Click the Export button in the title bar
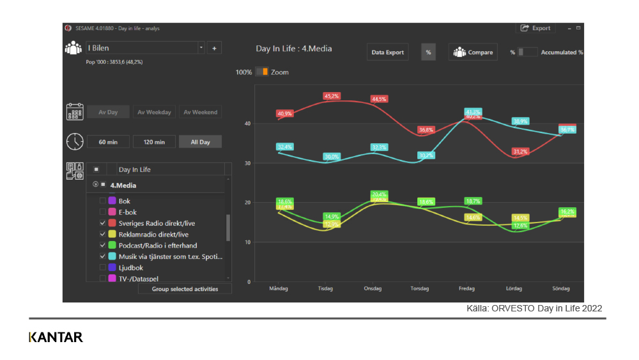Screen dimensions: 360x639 (535, 28)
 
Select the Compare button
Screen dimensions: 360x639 (473, 52)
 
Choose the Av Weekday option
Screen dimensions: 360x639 (154, 113)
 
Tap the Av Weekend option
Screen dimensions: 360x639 (200, 113)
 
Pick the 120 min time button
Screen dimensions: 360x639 (154, 142)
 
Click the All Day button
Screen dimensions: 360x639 (200, 142)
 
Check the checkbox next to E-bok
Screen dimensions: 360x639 (103, 212)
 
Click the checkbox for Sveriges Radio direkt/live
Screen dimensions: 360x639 (103, 223)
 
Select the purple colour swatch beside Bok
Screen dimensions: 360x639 (112, 201)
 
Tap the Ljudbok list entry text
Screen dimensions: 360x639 (131, 268)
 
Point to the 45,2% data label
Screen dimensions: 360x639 (332, 97)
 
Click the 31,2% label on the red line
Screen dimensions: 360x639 (520, 152)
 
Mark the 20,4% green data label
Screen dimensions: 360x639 (379, 194)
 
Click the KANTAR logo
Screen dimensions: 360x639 (56, 337)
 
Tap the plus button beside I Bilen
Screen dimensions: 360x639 (214, 48)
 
